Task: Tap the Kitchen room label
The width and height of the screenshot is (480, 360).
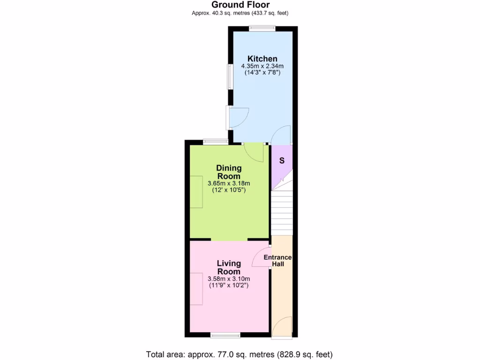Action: (x=262, y=59)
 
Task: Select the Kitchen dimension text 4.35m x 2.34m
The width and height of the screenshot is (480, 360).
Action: (x=262, y=66)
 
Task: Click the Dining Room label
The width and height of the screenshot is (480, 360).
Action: (x=229, y=172)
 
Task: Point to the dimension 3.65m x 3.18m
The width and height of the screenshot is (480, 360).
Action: (x=229, y=183)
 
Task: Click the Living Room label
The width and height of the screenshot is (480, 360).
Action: (x=229, y=267)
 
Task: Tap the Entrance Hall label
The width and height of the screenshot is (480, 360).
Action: (x=277, y=261)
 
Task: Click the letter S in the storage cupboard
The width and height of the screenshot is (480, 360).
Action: (x=282, y=160)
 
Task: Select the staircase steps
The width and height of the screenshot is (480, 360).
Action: (x=282, y=211)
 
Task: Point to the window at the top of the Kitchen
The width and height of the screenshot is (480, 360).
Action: (x=262, y=28)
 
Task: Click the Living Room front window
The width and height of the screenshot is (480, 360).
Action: (x=225, y=335)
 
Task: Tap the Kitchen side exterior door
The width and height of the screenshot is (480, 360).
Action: (x=237, y=118)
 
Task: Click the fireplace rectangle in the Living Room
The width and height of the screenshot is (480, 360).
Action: (x=196, y=288)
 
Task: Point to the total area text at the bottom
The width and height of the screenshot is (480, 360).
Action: (x=240, y=354)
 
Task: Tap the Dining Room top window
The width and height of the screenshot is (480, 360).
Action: (x=216, y=142)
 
